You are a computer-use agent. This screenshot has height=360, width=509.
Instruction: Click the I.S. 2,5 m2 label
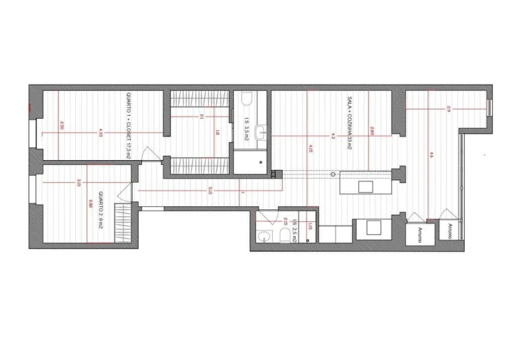(x=293, y=233)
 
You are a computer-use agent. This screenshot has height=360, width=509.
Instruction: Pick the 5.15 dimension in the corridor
(x=210, y=190)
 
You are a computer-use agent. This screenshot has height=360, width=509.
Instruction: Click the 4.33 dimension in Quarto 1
(x=101, y=132)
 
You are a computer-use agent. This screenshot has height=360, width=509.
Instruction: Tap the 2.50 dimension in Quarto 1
(x=63, y=125)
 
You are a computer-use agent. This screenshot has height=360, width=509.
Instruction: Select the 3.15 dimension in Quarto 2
(x=78, y=183)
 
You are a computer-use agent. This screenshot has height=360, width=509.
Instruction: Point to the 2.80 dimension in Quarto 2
(x=90, y=203)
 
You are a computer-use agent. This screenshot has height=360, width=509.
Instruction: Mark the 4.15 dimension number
(x=310, y=149)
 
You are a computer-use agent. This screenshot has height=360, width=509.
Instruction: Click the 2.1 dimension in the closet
(x=202, y=117)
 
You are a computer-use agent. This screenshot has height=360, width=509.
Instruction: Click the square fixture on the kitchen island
(x=365, y=186)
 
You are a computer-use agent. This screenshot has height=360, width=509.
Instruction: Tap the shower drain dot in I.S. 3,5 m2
(x=261, y=163)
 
